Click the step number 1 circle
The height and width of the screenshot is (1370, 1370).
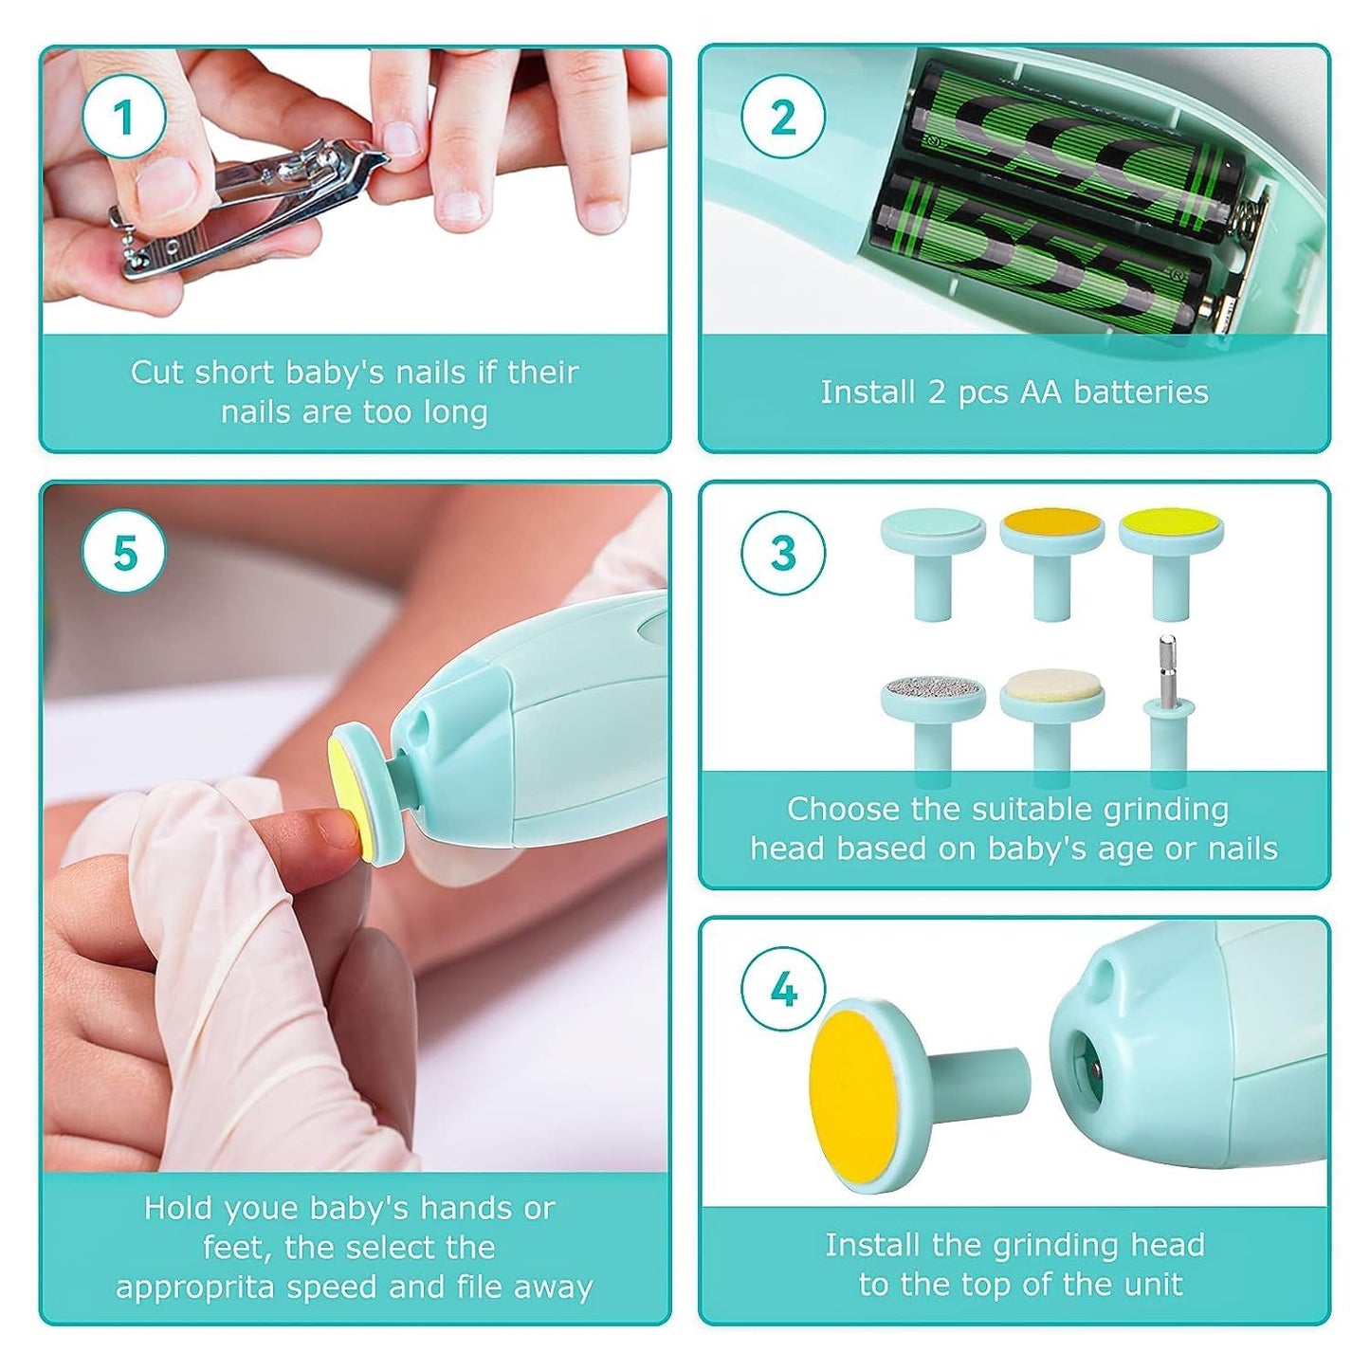pos(123,119)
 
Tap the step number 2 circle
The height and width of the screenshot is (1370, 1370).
pos(782,119)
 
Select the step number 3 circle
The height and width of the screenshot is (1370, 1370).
pos(782,553)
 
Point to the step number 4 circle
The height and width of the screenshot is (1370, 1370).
pos(782,990)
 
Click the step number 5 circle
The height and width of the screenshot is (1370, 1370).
pos(123,553)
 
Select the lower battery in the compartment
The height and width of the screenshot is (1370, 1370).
pos(1043,256)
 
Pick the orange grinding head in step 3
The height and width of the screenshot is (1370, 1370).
pos(1051,525)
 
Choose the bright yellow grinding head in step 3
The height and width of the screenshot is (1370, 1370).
pos(1170,525)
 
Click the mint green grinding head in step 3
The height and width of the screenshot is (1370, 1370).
pos(933,525)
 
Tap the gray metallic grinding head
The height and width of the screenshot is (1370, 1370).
pos(933,688)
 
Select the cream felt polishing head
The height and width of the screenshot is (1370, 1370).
pos(1051,686)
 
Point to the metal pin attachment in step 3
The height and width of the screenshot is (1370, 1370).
pos(1166,683)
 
